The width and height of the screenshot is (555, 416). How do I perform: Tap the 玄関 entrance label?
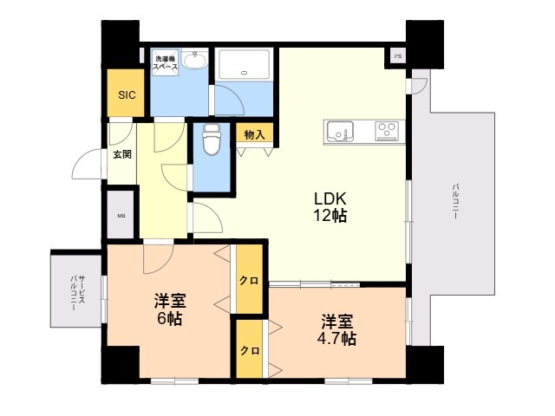121,154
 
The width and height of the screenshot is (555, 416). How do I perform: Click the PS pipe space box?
397,56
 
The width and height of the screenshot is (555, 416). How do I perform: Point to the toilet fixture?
211,139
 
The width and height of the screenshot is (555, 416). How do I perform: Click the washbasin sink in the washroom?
194,62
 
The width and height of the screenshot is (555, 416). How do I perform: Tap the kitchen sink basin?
341,132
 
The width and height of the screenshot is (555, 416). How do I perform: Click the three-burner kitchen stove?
387,132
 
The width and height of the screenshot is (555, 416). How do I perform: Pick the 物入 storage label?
254,135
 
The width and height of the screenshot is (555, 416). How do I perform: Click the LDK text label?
330,198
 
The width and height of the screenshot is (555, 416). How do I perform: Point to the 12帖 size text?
330,216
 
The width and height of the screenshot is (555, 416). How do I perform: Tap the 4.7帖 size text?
336,338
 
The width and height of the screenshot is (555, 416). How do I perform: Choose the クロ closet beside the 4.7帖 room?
250,351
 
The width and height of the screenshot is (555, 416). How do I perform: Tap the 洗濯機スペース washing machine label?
166,62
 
